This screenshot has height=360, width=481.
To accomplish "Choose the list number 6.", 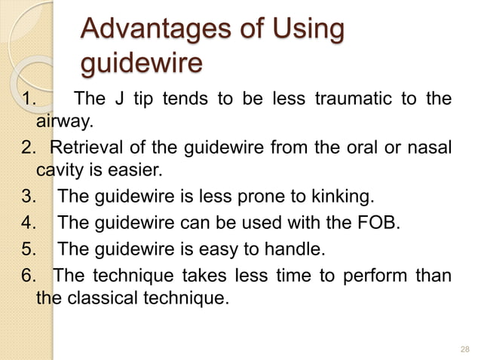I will pos(31,273).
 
